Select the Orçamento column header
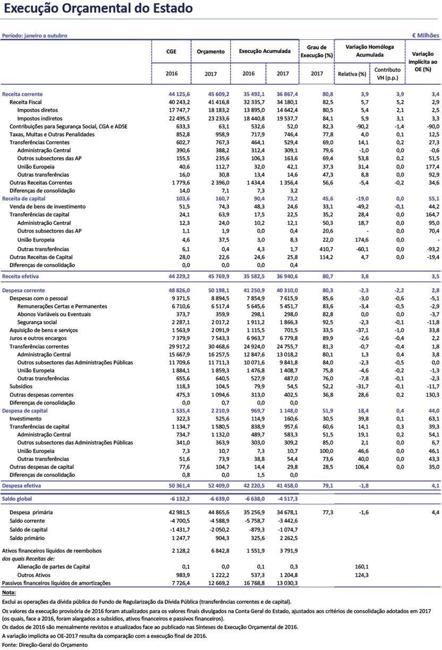click(211, 52)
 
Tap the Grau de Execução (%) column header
click(317, 51)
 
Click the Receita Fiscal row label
click(26, 101)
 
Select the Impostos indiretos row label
click(39, 118)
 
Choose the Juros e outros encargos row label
click(38, 338)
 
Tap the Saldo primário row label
click(27, 537)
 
